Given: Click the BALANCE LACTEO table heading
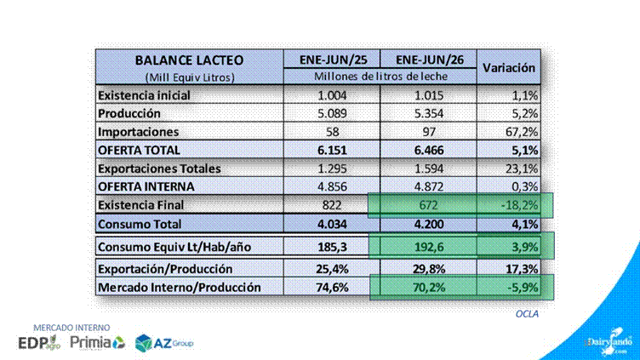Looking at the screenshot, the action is click(x=189, y=60).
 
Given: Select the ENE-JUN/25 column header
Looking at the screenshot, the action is click(x=333, y=60).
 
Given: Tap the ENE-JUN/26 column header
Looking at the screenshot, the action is click(x=430, y=60).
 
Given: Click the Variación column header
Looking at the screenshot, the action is click(x=509, y=68).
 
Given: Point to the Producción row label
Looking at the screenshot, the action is click(x=129, y=113).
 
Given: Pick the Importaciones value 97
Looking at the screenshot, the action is click(x=429, y=132).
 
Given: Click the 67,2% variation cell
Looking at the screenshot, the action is click(x=521, y=132).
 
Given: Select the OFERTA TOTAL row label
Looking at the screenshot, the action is click(x=139, y=150).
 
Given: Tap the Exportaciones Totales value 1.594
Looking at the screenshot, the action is click(x=429, y=169).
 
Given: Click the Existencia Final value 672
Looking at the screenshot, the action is click(x=429, y=205).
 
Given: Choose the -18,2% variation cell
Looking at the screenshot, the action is click(x=519, y=205).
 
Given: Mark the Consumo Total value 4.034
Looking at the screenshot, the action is click(x=332, y=224).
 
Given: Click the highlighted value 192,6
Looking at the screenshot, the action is click(x=429, y=247).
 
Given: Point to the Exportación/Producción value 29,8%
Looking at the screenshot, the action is click(x=429, y=269).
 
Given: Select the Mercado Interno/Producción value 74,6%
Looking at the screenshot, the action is click(x=332, y=288).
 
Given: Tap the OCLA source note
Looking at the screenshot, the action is click(x=527, y=314).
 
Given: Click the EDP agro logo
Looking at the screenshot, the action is click(x=39, y=342).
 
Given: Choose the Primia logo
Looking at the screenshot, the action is click(x=97, y=342).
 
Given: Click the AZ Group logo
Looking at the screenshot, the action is click(x=164, y=343).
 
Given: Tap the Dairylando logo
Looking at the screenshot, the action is click(x=609, y=342).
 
